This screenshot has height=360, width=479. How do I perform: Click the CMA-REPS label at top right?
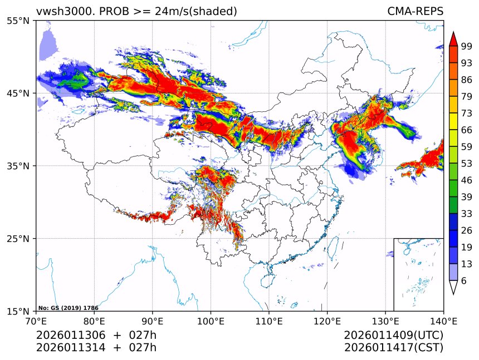(415, 11)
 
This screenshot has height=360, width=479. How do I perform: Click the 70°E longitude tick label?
(36, 321)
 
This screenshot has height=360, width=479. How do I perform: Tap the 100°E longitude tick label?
(211, 321)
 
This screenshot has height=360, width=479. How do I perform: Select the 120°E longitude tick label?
(327, 321)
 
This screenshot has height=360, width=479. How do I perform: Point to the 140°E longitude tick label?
(443, 321)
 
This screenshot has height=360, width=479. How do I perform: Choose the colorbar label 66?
(467, 130)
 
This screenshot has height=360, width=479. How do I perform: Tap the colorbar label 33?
(467, 214)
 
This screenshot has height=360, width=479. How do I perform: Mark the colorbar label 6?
(464, 281)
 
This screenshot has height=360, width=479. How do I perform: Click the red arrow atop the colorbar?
(453, 38)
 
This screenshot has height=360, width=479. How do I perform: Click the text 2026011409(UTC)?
(394, 336)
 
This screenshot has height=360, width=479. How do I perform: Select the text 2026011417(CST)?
(394, 348)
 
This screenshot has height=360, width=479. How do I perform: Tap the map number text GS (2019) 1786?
(68, 307)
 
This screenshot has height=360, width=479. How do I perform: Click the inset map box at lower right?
(418, 274)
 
